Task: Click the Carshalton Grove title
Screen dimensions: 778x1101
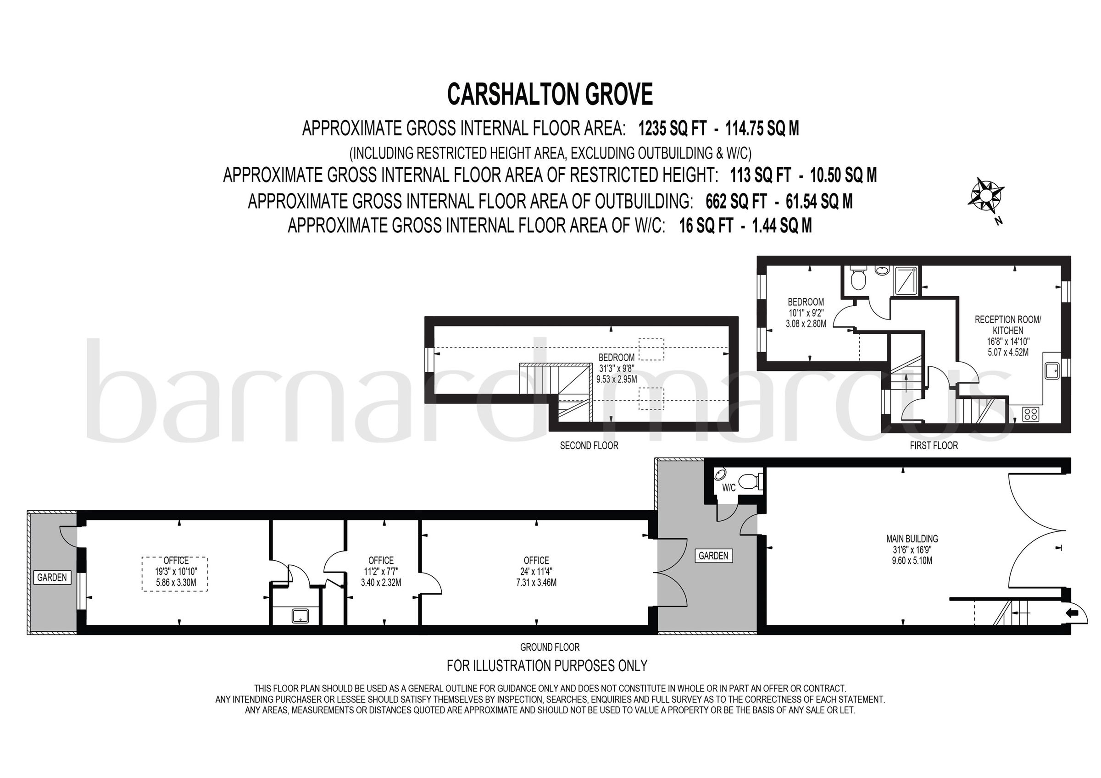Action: coord(550,94)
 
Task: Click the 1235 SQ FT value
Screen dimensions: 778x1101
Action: coord(673,129)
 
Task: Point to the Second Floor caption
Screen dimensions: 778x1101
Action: coord(589,445)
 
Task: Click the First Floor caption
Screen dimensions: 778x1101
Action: coord(934,445)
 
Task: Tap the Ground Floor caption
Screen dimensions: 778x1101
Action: coord(550,647)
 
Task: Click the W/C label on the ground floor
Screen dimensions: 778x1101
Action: coord(728,488)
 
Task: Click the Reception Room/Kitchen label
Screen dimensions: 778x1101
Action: coord(1007,325)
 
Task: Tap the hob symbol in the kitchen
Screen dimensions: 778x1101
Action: coord(1030,414)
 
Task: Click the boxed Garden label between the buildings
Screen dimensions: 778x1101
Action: coord(713,556)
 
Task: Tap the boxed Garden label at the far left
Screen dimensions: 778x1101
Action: coord(52,577)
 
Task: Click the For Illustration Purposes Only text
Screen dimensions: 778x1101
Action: coord(547,665)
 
